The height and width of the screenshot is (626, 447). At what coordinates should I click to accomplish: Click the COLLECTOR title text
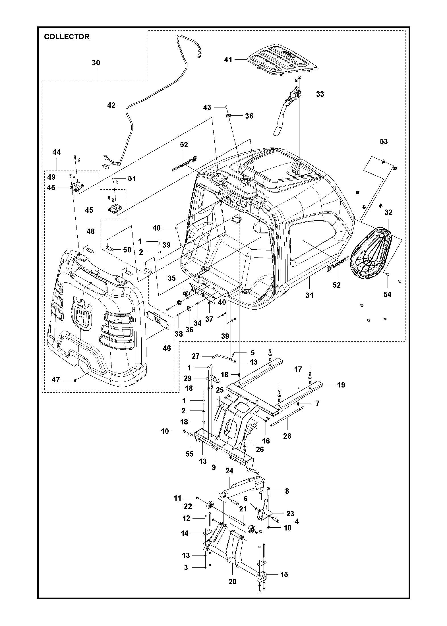click(x=67, y=37)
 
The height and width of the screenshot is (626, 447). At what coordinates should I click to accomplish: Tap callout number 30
click(x=96, y=63)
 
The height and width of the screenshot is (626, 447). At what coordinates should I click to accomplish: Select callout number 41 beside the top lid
click(x=228, y=60)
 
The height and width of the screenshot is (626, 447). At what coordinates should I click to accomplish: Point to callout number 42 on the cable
click(x=111, y=105)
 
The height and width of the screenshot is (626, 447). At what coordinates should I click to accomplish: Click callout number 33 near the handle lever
click(x=320, y=94)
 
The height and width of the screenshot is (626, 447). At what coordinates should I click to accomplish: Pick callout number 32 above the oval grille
click(x=388, y=212)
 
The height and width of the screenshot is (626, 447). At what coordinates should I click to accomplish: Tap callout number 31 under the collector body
click(x=309, y=295)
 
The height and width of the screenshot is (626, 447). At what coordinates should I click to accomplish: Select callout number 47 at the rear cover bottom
click(x=56, y=380)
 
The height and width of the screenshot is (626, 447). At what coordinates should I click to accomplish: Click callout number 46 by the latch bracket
click(x=167, y=348)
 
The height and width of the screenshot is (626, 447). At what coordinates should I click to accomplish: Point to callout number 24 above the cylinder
click(x=229, y=471)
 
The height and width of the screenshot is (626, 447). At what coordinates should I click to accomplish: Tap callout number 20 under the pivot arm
click(x=233, y=582)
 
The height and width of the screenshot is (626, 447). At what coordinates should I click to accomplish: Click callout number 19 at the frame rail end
click(x=341, y=385)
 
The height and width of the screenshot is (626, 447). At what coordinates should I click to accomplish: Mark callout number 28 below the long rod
click(x=287, y=436)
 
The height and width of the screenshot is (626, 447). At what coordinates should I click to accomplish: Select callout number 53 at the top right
click(x=384, y=142)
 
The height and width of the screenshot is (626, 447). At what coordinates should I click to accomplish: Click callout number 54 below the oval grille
click(x=387, y=295)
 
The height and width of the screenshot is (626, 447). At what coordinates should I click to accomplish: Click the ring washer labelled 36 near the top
click(x=228, y=116)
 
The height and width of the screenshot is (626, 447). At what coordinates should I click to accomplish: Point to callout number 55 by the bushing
click(x=190, y=454)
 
